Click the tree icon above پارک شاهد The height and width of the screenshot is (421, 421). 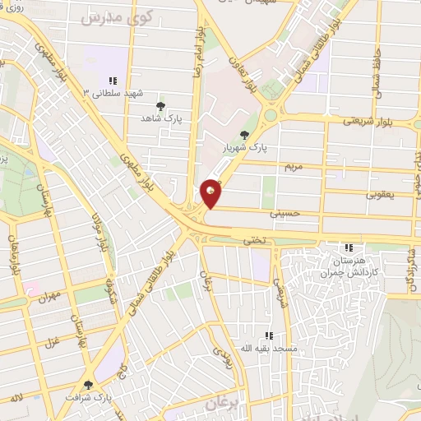coord(160,105)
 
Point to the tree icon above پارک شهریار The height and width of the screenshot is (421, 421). coord(243,135)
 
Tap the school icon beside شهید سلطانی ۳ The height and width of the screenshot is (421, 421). coord(113,81)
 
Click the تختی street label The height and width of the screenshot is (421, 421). coord(252,241)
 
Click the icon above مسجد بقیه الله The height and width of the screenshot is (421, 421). coord(269,335)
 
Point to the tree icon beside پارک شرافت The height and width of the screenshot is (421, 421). coord(87,384)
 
